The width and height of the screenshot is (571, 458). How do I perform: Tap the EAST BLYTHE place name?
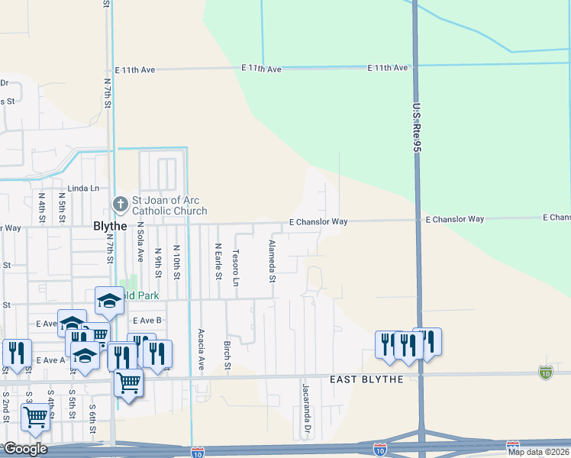[366, 380]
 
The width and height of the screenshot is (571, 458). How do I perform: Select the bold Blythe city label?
[110, 226]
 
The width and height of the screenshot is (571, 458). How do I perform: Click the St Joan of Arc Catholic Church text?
[169, 206]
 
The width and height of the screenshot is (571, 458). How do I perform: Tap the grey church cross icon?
[121, 204]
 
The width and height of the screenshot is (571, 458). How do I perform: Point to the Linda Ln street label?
[84, 188]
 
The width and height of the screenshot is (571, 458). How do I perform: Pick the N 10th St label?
[176, 261]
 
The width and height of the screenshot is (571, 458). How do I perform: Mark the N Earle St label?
[218, 261]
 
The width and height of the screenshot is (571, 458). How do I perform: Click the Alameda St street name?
[271, 261]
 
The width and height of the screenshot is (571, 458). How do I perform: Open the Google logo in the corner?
[24, 449]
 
